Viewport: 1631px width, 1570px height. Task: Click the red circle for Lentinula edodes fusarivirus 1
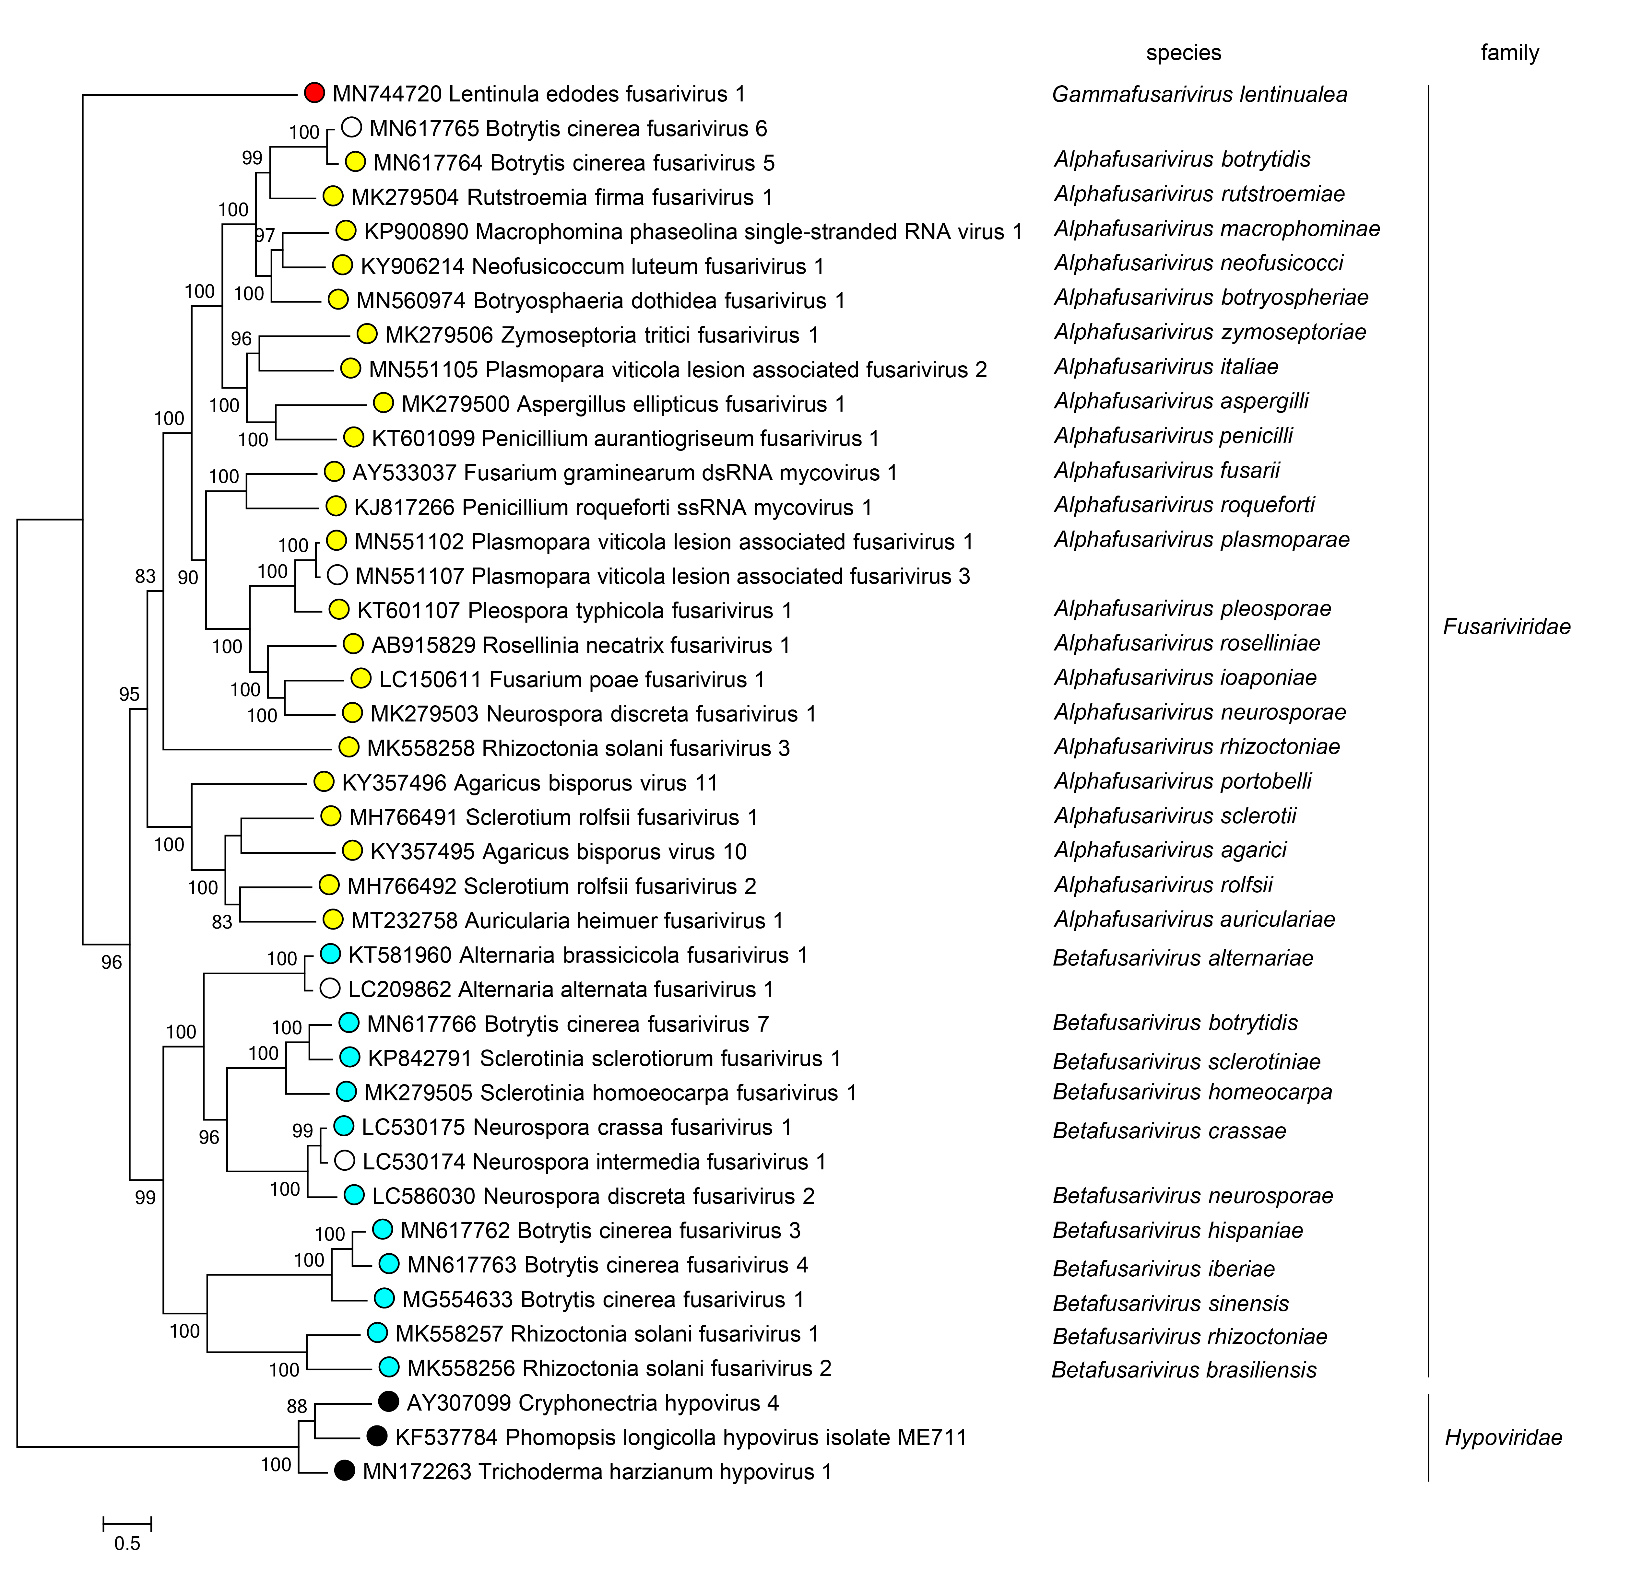click(x=314, y=93)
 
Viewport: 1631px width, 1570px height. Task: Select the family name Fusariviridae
click(x=1506, y=627)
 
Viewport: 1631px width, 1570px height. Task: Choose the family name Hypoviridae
click(x=1503, y=1437)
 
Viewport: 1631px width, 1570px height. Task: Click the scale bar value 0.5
click(x=127, y=1543)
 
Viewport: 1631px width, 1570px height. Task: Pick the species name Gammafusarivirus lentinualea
click(x=1199, y=94)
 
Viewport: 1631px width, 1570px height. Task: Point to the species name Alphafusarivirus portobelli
click(x=1182, y=781)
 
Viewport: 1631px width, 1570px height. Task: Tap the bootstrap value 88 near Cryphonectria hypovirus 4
click(x=297, y=1406)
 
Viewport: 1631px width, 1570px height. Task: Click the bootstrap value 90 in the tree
click(x=188, y=578)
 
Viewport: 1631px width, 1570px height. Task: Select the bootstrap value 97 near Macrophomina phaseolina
click(x=265, y=235)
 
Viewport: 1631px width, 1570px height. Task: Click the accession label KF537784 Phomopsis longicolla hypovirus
click(x=680, y=1437)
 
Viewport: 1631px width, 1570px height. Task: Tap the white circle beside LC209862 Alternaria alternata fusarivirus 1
click(x=329, y=989)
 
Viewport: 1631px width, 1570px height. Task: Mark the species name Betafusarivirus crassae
click(x=1169, y=1131)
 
